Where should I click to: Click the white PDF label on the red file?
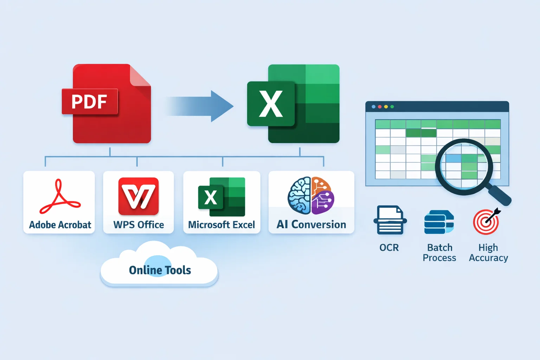(89, 102)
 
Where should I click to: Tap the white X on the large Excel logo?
(271, 104)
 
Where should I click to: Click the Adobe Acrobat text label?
(60, 225)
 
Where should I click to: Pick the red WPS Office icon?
(139, 196)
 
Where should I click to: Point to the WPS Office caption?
(139, 225)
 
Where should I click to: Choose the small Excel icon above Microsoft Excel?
(221, 197)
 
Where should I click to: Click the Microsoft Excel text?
(221, 225)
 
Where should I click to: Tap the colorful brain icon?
(311, 195)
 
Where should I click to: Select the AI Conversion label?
(311, 225)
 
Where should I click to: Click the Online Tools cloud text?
(160, 270)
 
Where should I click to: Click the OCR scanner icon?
(390, 220)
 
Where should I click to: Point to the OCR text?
(389, 248)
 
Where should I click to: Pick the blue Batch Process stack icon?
(439, 222)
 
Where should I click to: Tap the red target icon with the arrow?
(487, 221)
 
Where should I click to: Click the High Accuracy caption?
(488, 253)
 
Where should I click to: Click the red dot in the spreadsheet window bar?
(380, 107)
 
